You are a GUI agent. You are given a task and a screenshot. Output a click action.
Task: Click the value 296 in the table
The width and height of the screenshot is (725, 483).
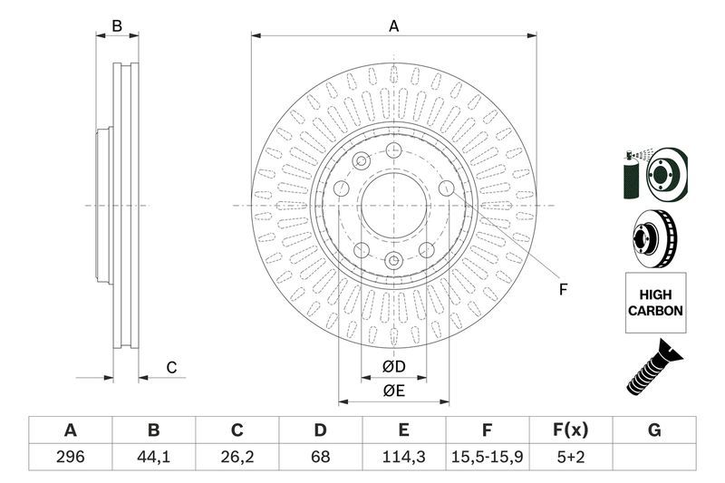click(x=70, y=457)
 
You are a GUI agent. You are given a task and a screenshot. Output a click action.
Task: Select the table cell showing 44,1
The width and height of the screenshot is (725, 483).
click(x=153, y=457)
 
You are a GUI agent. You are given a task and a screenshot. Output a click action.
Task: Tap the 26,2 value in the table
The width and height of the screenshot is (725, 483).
click(x=237, y=457)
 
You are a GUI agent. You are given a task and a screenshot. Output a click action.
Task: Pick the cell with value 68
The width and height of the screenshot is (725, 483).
click(x=320, y=457)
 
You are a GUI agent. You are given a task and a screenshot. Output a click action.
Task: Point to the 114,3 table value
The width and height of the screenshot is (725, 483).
click(x=404, y=457)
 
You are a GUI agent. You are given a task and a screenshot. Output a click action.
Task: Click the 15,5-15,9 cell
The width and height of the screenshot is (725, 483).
click(x=487, y=457)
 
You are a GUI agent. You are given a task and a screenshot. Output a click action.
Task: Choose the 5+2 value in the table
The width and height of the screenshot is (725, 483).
click(x=570, y=457)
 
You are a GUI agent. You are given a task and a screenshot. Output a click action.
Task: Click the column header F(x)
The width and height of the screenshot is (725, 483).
click(x=570, y=430)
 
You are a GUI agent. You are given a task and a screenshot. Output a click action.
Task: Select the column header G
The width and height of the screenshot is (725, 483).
click(x=653, y=430)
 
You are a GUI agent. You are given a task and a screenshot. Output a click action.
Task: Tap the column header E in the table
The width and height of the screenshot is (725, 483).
click(x=404, y=430)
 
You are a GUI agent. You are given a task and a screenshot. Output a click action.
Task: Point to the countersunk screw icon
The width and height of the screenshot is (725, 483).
click(x=652, y=367)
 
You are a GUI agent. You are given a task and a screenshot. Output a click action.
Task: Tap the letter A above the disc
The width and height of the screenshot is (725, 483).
click(x=393, y=26)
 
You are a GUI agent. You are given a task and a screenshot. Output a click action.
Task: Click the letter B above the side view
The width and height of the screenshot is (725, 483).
click(x=117, y=26)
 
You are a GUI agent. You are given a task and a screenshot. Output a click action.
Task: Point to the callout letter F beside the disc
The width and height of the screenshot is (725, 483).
click(x=563, y=290)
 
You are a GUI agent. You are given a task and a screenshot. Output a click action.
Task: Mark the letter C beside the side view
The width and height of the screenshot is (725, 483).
click(x=170, y=367)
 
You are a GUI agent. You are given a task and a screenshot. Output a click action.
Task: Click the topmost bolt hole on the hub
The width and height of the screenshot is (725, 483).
click(x=393, y=150)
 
